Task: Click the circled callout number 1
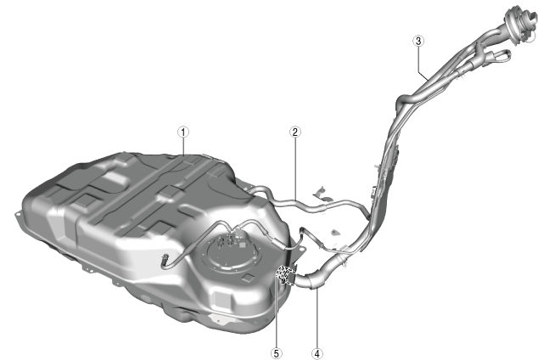coord(183,132)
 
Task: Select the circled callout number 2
coord(295,132)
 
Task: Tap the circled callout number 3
coord(418,41)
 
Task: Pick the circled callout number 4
coord(317,353)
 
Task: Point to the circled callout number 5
coord(276,353)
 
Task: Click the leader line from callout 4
coord(317,318)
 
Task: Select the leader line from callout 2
coord(295,168)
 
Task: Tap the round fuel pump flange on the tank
coord(234,253)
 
